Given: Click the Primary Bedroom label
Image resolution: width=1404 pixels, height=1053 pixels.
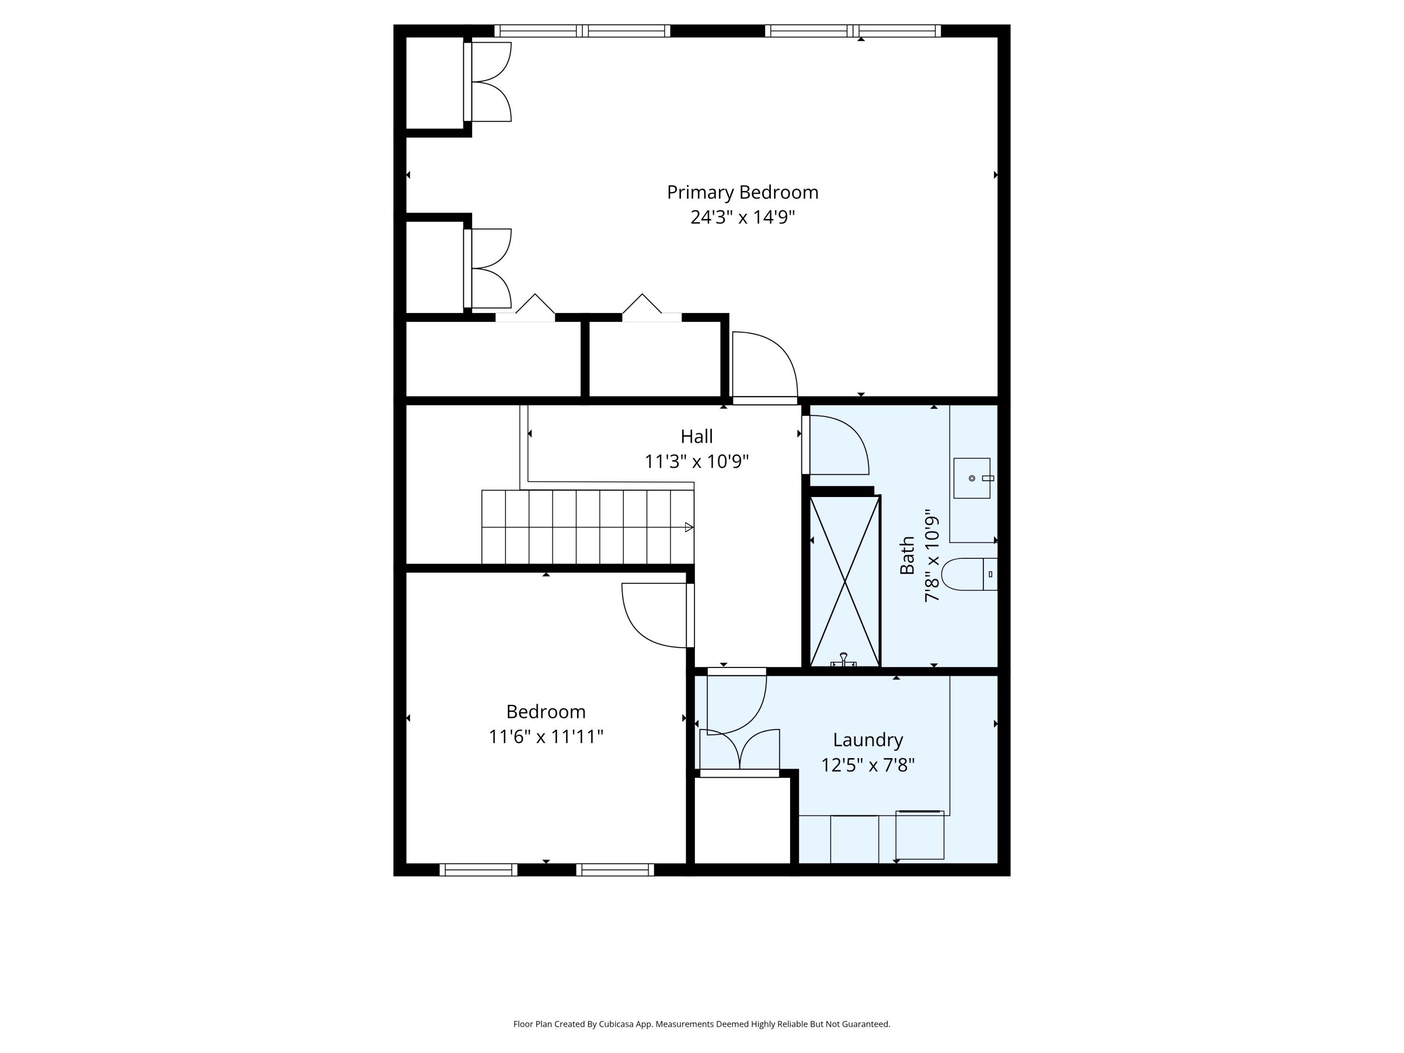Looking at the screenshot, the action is tap(743, 192).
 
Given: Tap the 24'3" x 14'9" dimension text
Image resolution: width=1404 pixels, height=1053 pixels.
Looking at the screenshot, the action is tap(743, 218).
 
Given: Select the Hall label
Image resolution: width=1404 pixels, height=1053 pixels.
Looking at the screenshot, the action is tap(696, 437).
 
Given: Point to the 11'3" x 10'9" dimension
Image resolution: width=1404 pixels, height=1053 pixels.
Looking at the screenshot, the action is tap(696, 461).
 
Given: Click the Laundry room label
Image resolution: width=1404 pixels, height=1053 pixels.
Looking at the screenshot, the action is tap(868, 740).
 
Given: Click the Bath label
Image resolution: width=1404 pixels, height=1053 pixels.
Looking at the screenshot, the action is tap(907, 556).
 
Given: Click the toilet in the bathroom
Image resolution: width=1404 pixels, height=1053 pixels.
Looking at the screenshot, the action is tap(969, 574).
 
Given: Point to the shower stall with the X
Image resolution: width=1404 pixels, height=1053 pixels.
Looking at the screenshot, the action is tap(845, 581).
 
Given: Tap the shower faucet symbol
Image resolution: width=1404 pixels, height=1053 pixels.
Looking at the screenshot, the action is tap(843, 660).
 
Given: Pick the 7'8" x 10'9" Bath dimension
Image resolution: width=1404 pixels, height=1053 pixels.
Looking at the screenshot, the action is tap(932, 556).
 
